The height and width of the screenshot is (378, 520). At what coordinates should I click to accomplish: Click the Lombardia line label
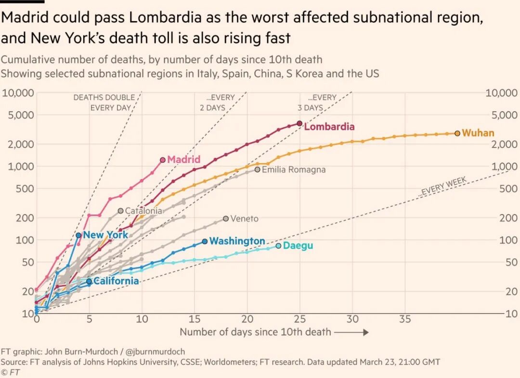(x=329, y=127)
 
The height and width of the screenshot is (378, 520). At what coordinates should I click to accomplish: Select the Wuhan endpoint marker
(x=457, y=133)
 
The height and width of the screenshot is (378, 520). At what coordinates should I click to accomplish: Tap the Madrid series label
(x=183, y=160)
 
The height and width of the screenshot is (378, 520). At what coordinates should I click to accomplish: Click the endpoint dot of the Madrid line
(x=163, y=160)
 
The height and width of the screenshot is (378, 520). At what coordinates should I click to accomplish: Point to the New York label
(x=105, y=235)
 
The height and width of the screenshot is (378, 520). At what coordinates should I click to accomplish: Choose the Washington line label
(x=237, y=241)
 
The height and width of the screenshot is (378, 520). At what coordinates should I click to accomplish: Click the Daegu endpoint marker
(x=278, y=246)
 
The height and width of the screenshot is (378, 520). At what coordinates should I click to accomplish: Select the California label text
(x=116, y=281)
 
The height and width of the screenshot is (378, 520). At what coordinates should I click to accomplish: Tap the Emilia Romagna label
(x=294, y=170)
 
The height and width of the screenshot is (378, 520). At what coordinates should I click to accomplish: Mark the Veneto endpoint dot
(x=226, y=218)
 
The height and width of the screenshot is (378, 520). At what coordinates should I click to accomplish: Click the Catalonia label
(x=143, y=211)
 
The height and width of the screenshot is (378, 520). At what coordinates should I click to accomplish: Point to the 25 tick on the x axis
(x=299, y=319)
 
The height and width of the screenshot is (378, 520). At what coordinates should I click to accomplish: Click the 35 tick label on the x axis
(x=405, y=319)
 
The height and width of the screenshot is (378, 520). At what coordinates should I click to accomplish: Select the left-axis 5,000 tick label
(x=17, y=115)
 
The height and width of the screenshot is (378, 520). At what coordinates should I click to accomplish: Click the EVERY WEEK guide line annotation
(x=443, y=187)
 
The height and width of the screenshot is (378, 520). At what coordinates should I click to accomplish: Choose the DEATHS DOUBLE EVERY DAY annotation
(x=104, y=102)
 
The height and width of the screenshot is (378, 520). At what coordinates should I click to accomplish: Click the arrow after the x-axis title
(x=351, y=332)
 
